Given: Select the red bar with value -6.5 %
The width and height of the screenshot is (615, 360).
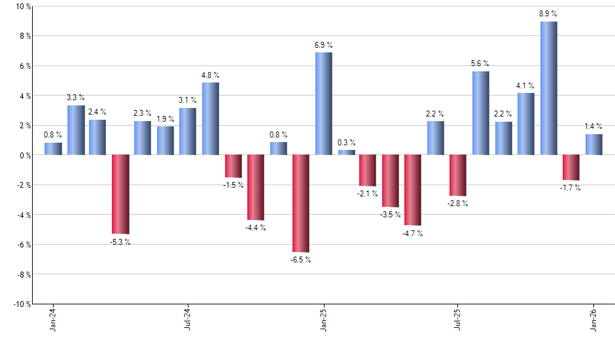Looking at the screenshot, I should click(x=301, y=203).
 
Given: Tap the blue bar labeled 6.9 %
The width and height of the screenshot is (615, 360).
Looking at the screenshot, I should click(x=323, y=103).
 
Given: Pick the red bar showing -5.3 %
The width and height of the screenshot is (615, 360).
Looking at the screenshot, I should click(x=120, y=194).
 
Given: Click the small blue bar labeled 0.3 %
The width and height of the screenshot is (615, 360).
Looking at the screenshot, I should click(x=346, y=153).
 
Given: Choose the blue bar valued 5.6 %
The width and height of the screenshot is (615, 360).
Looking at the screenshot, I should click(x=481, y=113).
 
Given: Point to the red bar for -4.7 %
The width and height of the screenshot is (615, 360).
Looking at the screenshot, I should click(x=413, y=190).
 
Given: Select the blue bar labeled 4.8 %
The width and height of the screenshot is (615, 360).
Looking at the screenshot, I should click(x=211, y=118).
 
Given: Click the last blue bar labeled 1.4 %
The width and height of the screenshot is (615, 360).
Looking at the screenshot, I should click(x=594, y=145).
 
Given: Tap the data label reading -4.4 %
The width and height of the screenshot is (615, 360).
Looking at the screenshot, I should click(x=256, y=228).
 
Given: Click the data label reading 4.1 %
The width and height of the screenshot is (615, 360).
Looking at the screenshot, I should click(x=525, y=85).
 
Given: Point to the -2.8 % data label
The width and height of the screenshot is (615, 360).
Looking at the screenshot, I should click(x=458, y=204).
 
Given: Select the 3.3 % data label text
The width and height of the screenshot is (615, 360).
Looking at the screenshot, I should click(x=76, y=98).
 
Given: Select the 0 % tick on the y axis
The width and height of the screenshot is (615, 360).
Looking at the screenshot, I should click(x=25, y=155).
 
